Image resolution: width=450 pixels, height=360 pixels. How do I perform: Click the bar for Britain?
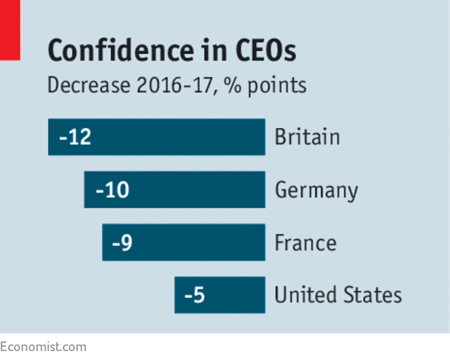tap(156, 137)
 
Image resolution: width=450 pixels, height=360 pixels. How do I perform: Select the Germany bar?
tap(174, 190)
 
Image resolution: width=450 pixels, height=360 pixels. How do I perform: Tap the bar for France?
tap(184, 243)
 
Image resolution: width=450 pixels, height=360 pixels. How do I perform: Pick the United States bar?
tap(220, 296)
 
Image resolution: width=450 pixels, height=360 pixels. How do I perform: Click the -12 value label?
tap(75, 137)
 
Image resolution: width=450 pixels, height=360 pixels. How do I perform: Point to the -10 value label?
tap(112, 190)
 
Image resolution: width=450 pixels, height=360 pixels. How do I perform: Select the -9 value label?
tap(121, 243)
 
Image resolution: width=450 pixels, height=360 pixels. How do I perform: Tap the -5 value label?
tap(194, 296)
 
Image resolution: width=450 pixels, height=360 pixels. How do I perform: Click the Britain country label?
tap(306, 137)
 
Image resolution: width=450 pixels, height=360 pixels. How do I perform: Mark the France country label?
tap(305, 243)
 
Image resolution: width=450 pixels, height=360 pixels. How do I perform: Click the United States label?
tap(338, 296)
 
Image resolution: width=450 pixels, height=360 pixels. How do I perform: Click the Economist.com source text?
tap(43, 347)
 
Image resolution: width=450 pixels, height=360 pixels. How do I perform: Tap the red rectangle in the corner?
tap(9, 30)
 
